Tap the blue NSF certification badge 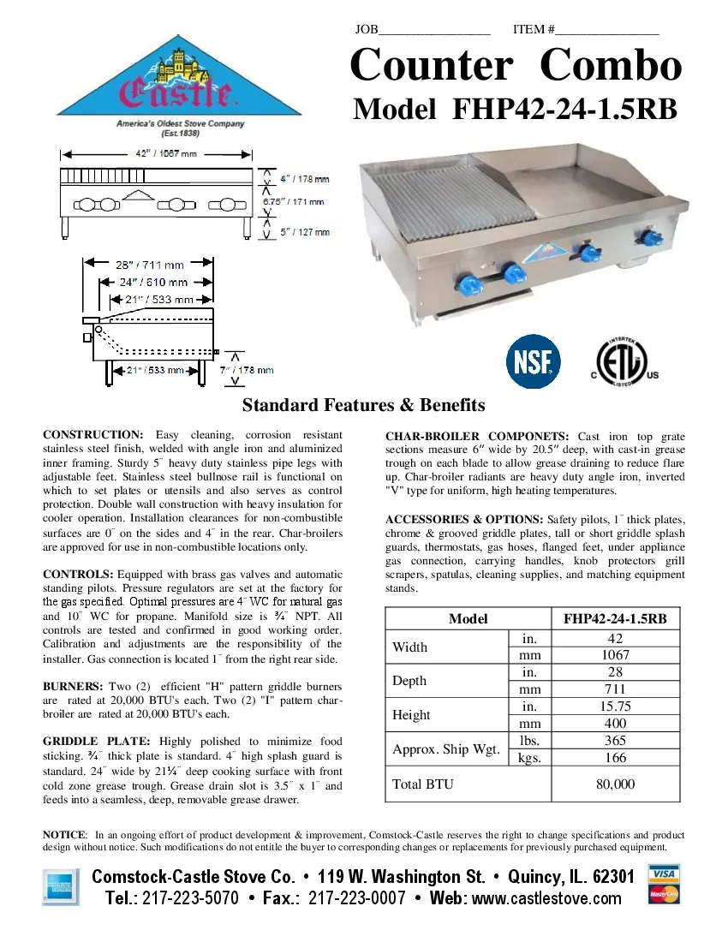[534, 361]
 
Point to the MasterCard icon [664, 895]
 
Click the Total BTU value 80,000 [615, 784]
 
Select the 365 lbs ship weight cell [615, 741]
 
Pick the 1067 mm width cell [615, 655]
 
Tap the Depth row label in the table [410, 681]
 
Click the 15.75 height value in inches [615, 706]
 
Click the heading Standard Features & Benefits [364, 405]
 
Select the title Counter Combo [516, 66]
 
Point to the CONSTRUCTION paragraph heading [92, 435]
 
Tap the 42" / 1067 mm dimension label [155, 154]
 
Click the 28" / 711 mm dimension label [150, 265]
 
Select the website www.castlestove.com [547, 898]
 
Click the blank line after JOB [434, 31]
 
